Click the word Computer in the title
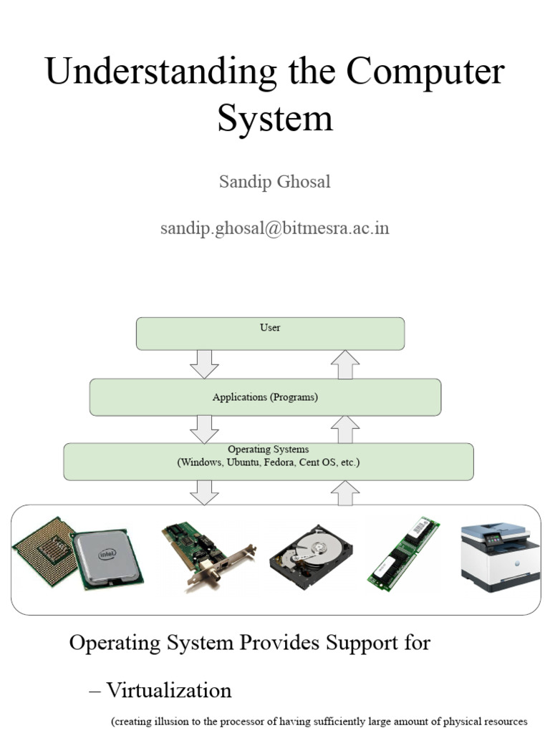(x=425, y=72)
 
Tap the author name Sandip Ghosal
(x=274, y=181)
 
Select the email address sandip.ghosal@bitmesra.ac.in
(x=274, y=228)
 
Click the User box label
(x=270, y=327)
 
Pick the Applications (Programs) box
(x=265, y=397)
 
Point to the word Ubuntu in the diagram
(x=243, y=462)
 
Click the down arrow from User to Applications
(x=204, y=364)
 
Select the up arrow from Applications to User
(x=345, y=364)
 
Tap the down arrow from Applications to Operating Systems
(x=204, y=429)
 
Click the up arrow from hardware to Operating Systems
(x=345, y=493)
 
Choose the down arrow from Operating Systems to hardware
(x=204, y=492)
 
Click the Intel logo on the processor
(x=107, y=555)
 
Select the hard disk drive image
(x=311, y=557)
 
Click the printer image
(x=500, y=555)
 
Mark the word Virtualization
(x=169, y=691)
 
